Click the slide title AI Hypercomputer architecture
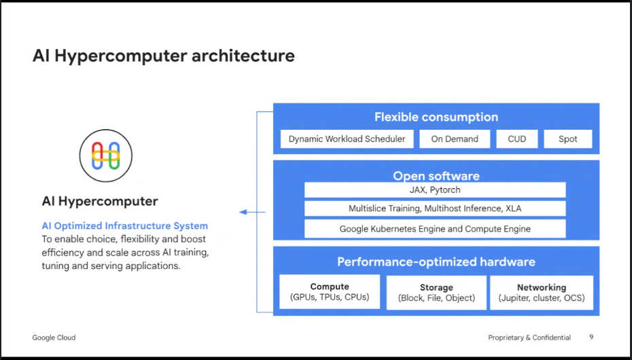(x=164, y=56)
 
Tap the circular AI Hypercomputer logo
(x=106, y=156)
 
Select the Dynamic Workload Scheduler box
(x=347, y=139)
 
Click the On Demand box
(x=455, y=139)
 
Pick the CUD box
(x=516, y=139)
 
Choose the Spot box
(x=567, y=139)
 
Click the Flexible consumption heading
(x=436, y=117)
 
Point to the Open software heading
(x=436, y=175)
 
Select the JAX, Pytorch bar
(x=435, y=190)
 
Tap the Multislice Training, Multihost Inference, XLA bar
(x=435, y=209)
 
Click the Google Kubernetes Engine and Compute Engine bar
(x=435, y=229)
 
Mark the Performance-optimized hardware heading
(x=436, y=262)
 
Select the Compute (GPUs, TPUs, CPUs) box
(x=330, y=292)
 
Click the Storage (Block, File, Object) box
(x=436, y=293)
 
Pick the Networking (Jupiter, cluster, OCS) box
(x=541, y=293)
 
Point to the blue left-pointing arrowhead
(x=243, y=212)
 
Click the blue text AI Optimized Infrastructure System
(x=125, y=226)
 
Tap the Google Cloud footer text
(x=54, y=338)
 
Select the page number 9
(x=591, y=338)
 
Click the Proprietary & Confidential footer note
(x=529, y=338)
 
